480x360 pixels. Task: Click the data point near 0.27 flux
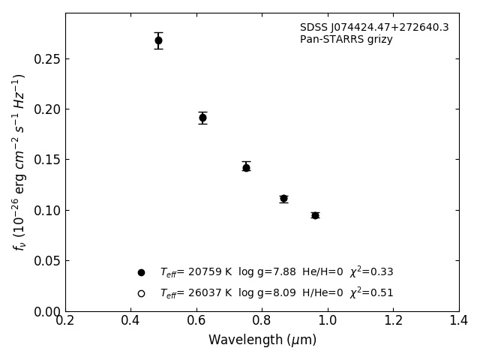tap(158, 40)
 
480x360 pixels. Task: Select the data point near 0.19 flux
tap(202, 118)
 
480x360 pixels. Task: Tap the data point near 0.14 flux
tap(246, 167)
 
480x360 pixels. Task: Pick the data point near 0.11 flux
tap(283, 199)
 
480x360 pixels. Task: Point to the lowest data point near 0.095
tap(315, 215)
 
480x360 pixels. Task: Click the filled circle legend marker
tap(141, 272)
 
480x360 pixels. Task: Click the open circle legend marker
tap(141, 293)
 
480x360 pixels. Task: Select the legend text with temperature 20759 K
tap(276, 272)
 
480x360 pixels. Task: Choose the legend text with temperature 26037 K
tap(276, 293)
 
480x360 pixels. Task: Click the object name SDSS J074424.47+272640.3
tap(374, 28)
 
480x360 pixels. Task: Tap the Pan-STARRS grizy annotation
tap(346, 40)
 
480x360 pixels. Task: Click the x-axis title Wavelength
tap(262, 340)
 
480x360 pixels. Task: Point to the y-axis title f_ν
tap(19, 162)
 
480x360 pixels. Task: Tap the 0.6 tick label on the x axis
tap(196, 321)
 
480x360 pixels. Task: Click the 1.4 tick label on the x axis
tap(458, 321)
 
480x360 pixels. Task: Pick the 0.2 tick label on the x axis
tap(65, 321)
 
